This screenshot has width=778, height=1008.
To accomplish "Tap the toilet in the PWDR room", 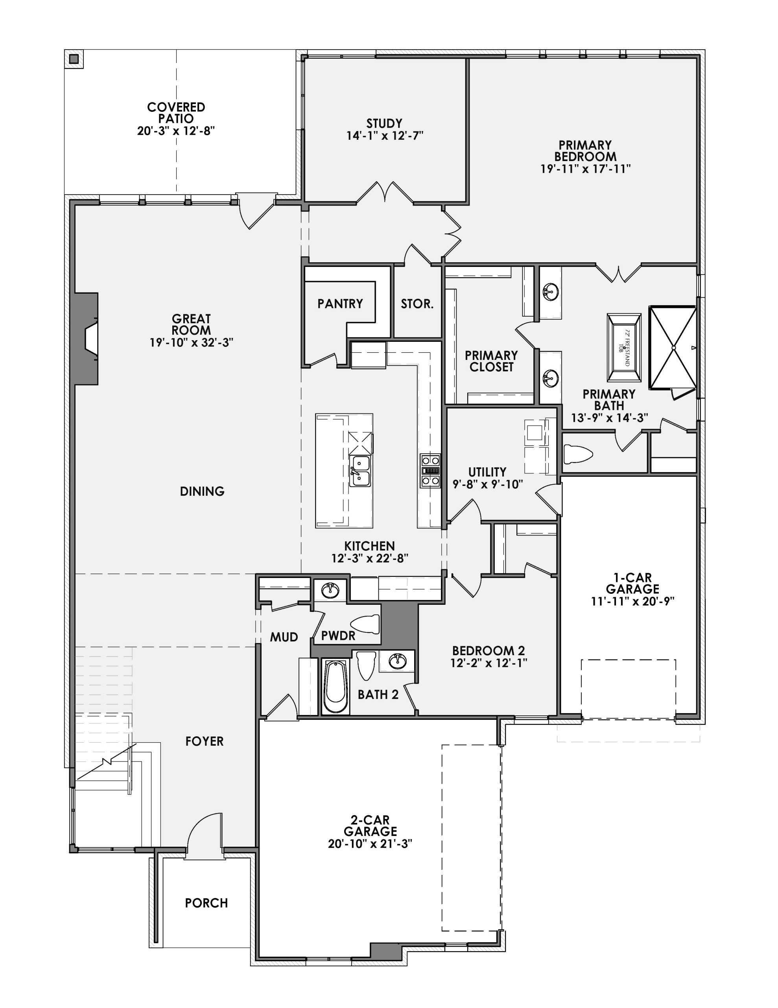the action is [x=365, y=625].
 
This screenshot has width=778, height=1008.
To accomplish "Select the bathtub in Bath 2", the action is [x=335, y=687].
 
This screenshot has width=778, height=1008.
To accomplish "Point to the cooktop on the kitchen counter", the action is [x=430, y=470].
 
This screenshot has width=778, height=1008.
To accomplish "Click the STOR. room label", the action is [x=417, y=304].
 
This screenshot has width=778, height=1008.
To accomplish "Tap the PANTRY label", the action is [x=340, y=303].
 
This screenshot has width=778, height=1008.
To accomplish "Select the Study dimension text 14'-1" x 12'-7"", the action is [x=385, y=136].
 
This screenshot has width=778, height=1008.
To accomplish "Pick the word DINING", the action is [x=202, y=491].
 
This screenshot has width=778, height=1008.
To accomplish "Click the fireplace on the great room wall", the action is [x=87, y=338].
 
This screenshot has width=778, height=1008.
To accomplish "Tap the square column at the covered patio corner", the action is [x=74, y=59].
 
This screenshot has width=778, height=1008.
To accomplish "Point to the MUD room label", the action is [x=284, y=637].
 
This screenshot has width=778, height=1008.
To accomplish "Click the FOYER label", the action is [x=204, y=741].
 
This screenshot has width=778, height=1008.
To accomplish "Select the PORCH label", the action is [x=206, y=903].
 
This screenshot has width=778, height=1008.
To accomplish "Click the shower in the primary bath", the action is [x=673, y=347].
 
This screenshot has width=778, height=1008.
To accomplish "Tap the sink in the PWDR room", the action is [x=330, y=591].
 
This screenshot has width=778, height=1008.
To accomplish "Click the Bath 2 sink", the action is [x=396, y=661].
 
